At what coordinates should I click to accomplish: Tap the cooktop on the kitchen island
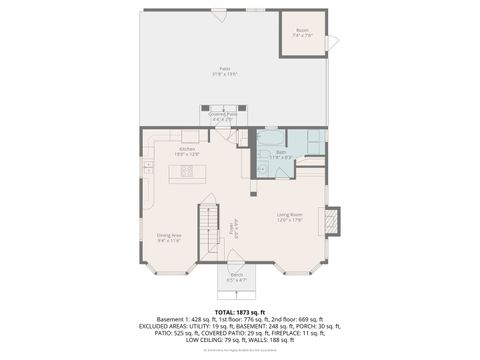pyautogui.click(x=186, y=173)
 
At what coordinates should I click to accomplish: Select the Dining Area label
pyautogui.click(x=168, y=235)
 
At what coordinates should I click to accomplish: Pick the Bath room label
pyautogui.click(x=281, y=152)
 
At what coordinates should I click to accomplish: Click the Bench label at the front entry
pyautogui.click(x=237, y=274)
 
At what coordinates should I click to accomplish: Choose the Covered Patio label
pyautogui.click(x=223, y=114)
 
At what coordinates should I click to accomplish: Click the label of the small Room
pyautogui.click(x=302, y=30)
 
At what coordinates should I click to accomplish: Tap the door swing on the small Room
pyautogui.click(x=333, y=42)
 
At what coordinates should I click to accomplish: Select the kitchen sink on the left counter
pyautogui.click(x=148, y=169)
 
